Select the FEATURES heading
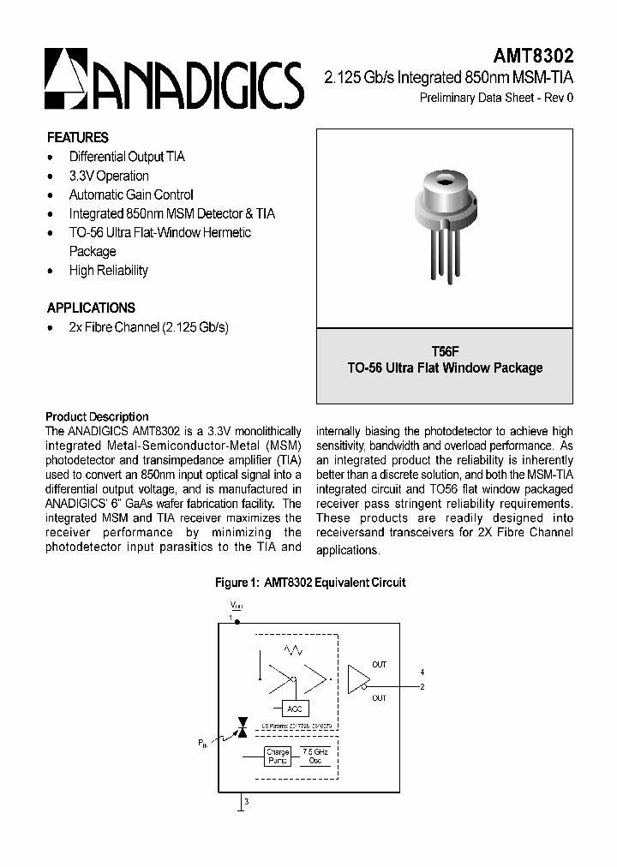click(x=77, y=137)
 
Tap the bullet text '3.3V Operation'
click(x=109, y=176)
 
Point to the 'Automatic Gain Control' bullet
click(x=131, y=194)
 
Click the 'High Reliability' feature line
click(x=108, y=270)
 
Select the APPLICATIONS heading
click(x=91, y=308)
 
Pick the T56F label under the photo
click(x=445, y=351)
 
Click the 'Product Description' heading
click(x=97, y=416)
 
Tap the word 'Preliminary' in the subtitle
click(x=447, y=98)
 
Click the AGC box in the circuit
click(x=294, y=709)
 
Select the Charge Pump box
click(x=278, y=756)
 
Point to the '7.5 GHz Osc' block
click(x=315, y=756)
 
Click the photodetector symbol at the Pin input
click(x=242, y=726)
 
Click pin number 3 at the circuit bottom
click(x=247, y=802)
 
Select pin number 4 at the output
click(x=422, y=672)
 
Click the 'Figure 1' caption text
click(x=309, y=583)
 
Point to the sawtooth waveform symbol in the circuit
click(x=296, y=650)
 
